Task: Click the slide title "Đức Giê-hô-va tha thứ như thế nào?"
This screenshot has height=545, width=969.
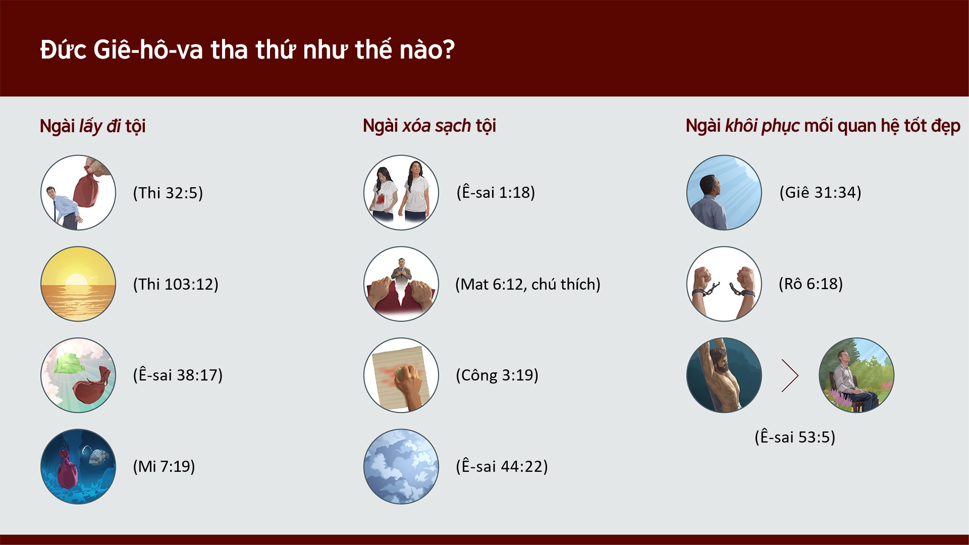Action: [247, 50]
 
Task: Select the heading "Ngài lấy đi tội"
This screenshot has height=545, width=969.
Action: [92, 126]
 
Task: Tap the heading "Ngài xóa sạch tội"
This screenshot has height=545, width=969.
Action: [429, 126]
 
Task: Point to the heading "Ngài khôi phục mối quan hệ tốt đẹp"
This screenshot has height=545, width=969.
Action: [823, 126]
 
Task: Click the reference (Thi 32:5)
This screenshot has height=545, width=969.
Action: [168, 193]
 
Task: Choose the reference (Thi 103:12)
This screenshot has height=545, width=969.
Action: [176, 284]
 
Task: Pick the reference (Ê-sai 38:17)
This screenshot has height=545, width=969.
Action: [178, 375]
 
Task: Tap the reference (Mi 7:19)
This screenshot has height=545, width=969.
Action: [164, 466]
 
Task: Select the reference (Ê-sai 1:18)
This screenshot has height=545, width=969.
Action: [496, 192]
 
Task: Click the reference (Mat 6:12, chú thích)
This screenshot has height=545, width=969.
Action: [527, 284]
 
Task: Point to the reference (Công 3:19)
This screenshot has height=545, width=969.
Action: [497, 375]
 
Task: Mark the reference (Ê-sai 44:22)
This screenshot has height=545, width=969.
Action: [502, 466]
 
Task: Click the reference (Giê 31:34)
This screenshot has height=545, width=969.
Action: [820, 192]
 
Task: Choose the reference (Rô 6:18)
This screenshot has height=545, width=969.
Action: [811, 284]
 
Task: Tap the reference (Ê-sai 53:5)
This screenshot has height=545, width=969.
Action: [795, 437]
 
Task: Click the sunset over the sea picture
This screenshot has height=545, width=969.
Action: [78, 284]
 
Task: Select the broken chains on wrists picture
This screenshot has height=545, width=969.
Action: [724, 284]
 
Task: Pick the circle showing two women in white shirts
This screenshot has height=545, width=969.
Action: [401, 192]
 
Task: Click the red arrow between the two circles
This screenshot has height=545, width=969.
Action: [790, 375]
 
